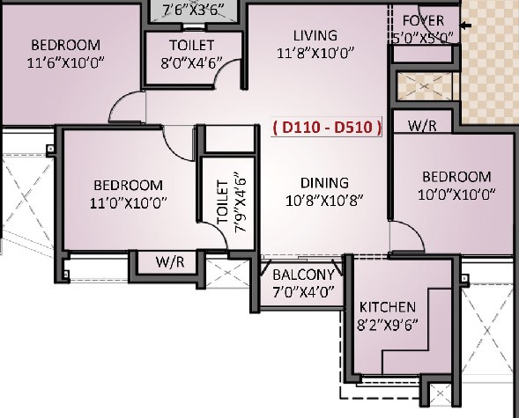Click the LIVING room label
point(315,35)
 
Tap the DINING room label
point(324,183)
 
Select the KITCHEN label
point(387,307)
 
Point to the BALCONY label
point(303,275)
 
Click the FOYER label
point(423,21)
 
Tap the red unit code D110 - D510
point(327,128)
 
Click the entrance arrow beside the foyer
point(466,26)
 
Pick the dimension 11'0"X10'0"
point(129,202)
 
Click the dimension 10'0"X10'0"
point(456,194)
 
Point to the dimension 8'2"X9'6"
point(387,325)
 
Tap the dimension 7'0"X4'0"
point(303,292)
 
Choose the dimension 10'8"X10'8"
point(324,201)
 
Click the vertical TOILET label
point(223,202)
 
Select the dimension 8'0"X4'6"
point(191,62)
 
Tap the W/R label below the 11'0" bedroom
point(170,261)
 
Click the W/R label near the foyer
point(422,126)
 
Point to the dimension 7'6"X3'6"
point(194,10)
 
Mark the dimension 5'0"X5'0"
point(423,38)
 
